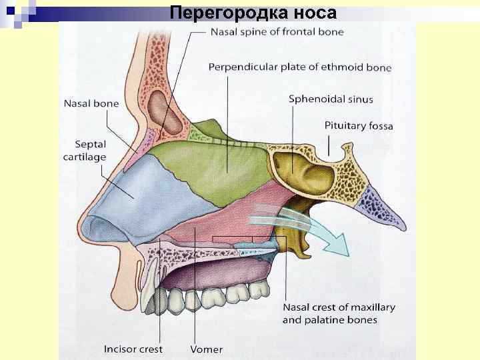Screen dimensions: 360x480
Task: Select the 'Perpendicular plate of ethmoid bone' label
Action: coord(300,67)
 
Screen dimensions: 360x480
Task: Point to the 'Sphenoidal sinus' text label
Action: coord(331,99)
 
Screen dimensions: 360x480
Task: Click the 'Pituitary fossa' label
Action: coord(359,125)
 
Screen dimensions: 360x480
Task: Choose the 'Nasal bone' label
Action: coord(91,103)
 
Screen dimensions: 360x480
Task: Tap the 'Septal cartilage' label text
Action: coord(85,151)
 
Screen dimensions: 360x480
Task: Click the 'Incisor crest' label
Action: coord(133,349)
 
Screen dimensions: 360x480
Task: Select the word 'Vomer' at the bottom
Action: coord(206,349)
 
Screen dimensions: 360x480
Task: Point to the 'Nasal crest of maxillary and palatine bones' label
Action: coord(339,313)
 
